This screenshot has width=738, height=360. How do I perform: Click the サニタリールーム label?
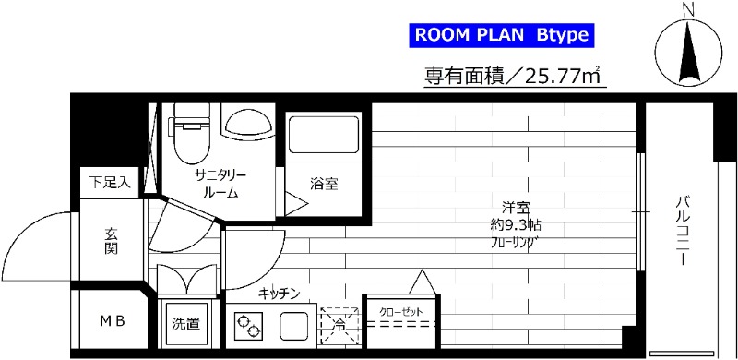(x=218, y=184)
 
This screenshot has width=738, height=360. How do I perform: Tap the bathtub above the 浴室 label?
(x=322, y=138)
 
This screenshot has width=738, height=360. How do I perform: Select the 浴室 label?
(x=324, y=184)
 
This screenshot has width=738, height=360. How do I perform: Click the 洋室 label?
(x=515, y=209)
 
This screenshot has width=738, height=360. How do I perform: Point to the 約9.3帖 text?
(x=515, y=226)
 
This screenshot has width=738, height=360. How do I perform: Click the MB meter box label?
(x=113, y=321)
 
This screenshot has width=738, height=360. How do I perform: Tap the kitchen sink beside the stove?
(x=293, y=325)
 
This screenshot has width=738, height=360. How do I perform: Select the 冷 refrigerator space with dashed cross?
(x=339, y=325)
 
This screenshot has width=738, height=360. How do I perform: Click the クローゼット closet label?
(x=400, y=312)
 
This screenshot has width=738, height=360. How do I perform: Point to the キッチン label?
(x=279, y=293)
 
